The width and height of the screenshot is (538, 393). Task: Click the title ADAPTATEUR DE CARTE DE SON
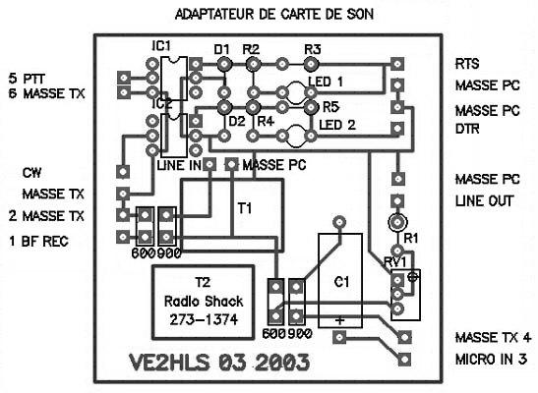273,14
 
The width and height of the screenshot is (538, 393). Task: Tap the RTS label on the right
467,64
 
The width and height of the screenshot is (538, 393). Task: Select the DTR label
467,129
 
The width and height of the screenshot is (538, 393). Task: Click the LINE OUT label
484,200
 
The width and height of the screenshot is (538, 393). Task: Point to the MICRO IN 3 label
491,360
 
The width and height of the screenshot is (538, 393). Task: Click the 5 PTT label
27,79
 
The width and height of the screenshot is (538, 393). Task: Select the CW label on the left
31,173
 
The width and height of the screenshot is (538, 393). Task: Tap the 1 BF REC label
38,242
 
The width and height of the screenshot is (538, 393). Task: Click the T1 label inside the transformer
245,208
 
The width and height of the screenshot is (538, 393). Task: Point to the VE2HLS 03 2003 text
219,363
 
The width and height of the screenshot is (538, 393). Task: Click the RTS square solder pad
397,64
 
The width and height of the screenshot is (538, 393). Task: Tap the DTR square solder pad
397,129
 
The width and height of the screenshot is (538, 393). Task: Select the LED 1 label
326,82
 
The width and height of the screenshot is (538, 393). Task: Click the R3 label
313,50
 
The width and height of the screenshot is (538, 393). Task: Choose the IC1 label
161,46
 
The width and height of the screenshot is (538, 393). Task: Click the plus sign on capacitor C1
339,320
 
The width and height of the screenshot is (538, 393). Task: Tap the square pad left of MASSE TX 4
404,337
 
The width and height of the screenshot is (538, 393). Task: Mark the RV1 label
394,262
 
